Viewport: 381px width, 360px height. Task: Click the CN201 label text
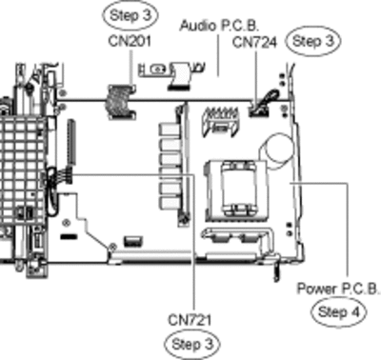(130, 41)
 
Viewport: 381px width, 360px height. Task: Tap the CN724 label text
(254, 42)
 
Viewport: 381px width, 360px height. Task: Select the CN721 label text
(190, 320)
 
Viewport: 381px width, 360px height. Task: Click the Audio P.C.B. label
(219, 25)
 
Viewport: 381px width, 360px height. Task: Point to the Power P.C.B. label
(338, 289)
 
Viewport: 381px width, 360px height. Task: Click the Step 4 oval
(338, 312)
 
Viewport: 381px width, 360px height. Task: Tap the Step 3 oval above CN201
(130, 15)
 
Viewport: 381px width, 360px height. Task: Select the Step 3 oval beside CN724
(313, 41)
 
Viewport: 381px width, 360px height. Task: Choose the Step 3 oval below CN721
(192, 344)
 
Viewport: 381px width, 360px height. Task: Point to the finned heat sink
(221, 122)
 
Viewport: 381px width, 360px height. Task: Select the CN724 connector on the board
(258, 111)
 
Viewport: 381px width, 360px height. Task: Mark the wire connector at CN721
(66, 176)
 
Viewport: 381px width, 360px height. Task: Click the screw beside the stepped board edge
(112, 247)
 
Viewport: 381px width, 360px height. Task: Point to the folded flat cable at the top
(181, 75)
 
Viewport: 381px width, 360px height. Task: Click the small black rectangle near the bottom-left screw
(70, 236)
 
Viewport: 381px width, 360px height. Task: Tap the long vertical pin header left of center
(70, 143)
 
